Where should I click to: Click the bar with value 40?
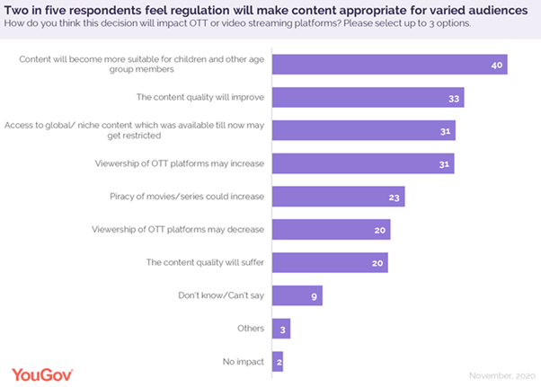pos(389,65)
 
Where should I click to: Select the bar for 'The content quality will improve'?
pos(368,97)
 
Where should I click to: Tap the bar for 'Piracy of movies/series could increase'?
pos(338,197)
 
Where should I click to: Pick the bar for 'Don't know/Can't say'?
pos(297,295)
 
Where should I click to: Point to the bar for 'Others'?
pos(280,329)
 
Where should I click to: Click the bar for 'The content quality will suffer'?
pos(330,262)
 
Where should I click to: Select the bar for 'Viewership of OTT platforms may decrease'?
pos(330,230)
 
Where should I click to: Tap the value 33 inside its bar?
pos(454,98)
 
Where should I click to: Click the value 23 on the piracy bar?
pos(395,197)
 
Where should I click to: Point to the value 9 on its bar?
pos(314,295)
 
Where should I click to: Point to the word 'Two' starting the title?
pos(17,9)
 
